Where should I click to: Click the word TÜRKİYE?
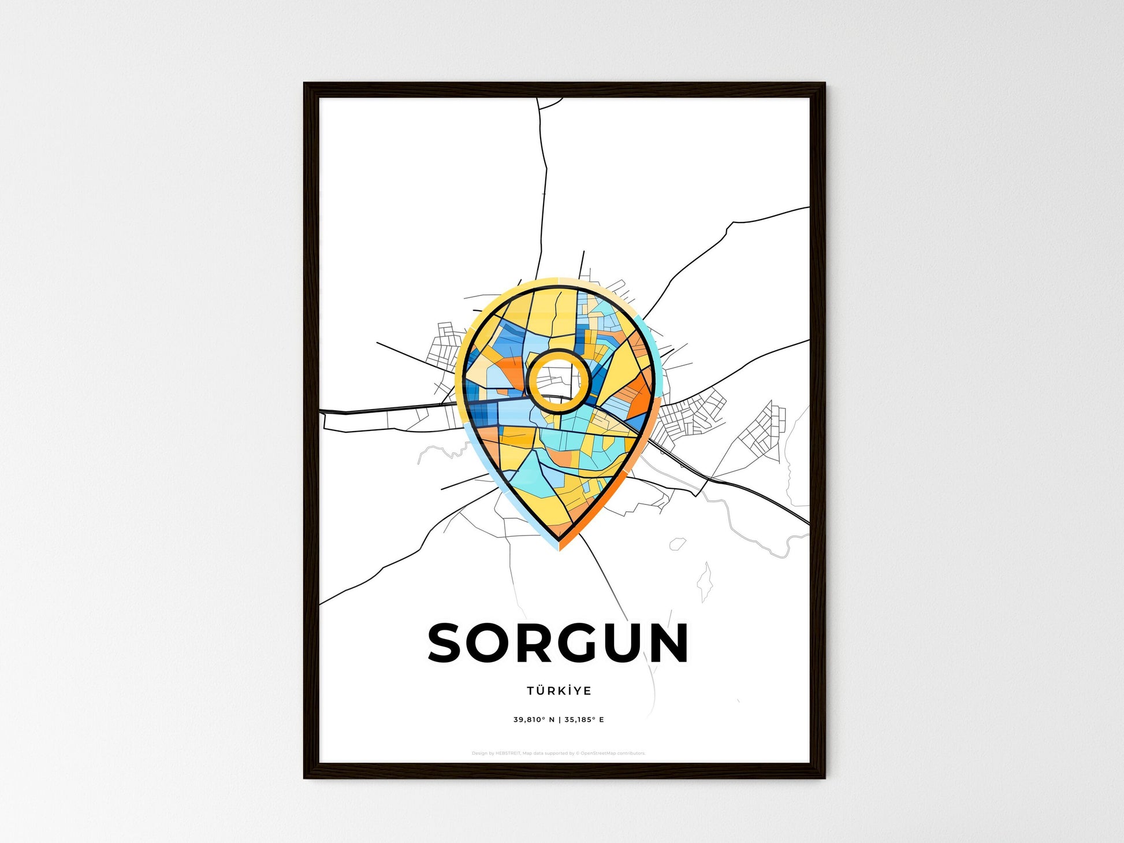(x=559, y=690)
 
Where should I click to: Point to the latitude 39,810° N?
(x=534, y=720)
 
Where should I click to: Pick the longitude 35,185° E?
(x=584, y=720)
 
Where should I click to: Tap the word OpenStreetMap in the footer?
(x=598, y=753)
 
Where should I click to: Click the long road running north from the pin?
(x=544, y=191)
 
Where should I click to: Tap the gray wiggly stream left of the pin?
(x=439, y=451)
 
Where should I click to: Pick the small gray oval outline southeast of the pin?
(x=677, y=544)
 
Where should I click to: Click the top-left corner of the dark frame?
(x=306, y=84)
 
